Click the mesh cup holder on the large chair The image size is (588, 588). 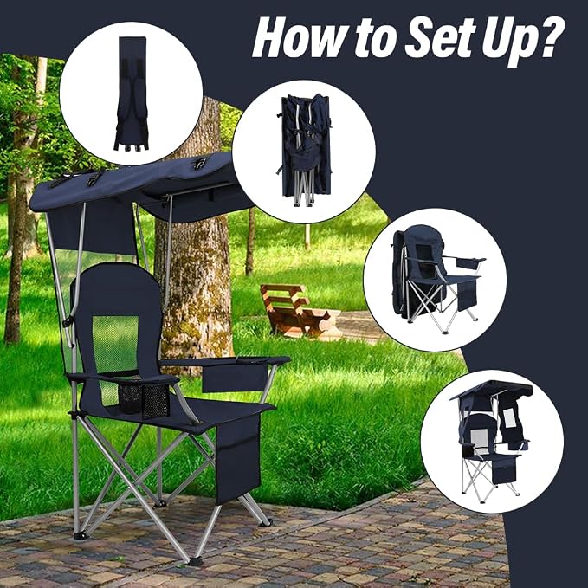click(144, 399)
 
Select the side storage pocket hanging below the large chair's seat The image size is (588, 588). click(238, 458)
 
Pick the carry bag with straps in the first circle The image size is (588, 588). click(132, 94)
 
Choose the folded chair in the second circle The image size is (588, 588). click(305, 150)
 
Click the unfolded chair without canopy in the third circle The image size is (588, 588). click(436, 278)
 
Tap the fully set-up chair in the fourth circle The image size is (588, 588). click(492, 441)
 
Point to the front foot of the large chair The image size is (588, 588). click(196, 561)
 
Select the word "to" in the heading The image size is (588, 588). click(377, 39)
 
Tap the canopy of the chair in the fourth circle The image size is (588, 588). click(491, 390)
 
